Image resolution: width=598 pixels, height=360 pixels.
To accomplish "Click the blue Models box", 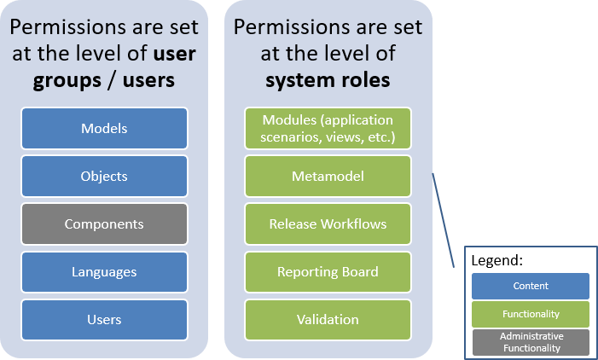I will coord(104,129).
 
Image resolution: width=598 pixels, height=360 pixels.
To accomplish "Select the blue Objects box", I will coord(104,177).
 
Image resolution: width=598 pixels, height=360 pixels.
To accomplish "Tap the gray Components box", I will coord(104,224).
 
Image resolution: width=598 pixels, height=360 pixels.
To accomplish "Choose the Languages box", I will coord(104,272).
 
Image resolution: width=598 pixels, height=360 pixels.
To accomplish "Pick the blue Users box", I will coord(104,320).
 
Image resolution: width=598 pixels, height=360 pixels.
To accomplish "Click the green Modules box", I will coord(328,129).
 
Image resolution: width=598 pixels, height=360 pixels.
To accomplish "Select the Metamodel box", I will coord(328,177).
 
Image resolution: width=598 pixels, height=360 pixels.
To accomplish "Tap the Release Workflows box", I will coord(328,224).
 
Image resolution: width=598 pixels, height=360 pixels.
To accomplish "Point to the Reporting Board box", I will coord(328,272).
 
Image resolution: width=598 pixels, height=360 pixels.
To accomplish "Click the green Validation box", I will coord(328,320).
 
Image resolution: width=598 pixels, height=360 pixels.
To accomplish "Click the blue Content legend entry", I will coord(531,286).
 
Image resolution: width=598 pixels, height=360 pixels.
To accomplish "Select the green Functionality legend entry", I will coord(531,314).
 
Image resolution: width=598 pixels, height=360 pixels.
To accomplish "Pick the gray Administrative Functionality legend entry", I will coord(531,342).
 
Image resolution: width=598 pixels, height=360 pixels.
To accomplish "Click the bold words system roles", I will coord(328,81).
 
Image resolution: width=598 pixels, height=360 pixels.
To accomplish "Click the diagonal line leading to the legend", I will coord(444,220).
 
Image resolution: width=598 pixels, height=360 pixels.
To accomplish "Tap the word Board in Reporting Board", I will coord(360,272).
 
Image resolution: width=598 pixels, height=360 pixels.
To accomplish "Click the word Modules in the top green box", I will coord(288,120).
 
